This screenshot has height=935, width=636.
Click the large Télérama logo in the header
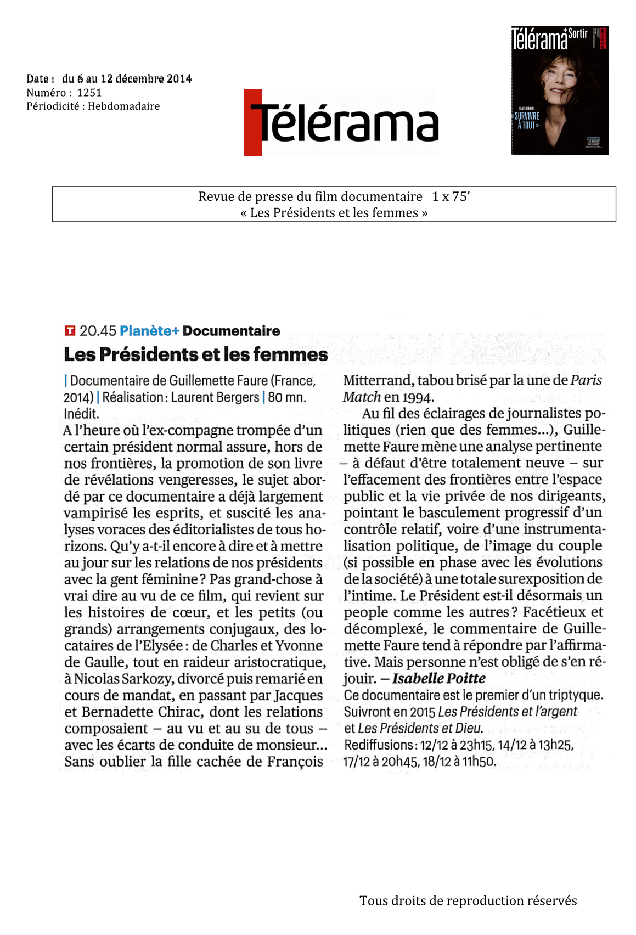click(x=341, y=123)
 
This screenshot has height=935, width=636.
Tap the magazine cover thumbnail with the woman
click(x=560, y=91)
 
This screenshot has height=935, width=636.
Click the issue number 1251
click(x=89, y=93)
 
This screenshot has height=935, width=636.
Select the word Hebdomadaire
click(x=123, y=106)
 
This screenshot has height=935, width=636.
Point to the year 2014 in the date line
click(x=179, y=79)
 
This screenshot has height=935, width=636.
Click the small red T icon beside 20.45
click(x=70, y=330)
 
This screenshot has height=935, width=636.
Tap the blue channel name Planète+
click(x=149, y=331)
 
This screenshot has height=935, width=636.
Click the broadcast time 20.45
click(x=98, y=331)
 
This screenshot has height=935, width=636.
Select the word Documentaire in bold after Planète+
click(x=231, y=331)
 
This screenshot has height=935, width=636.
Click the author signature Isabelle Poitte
click(x=438, y=679)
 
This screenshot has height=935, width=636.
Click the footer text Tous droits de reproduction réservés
click(x=468, y=900)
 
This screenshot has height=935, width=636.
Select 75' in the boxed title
click(x=460, y=196)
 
